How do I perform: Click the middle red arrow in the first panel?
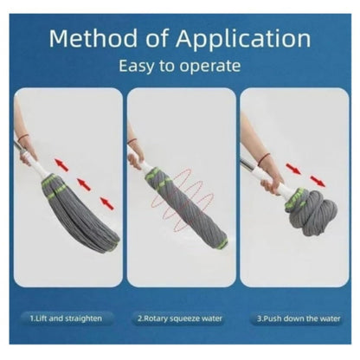point(84,183)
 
